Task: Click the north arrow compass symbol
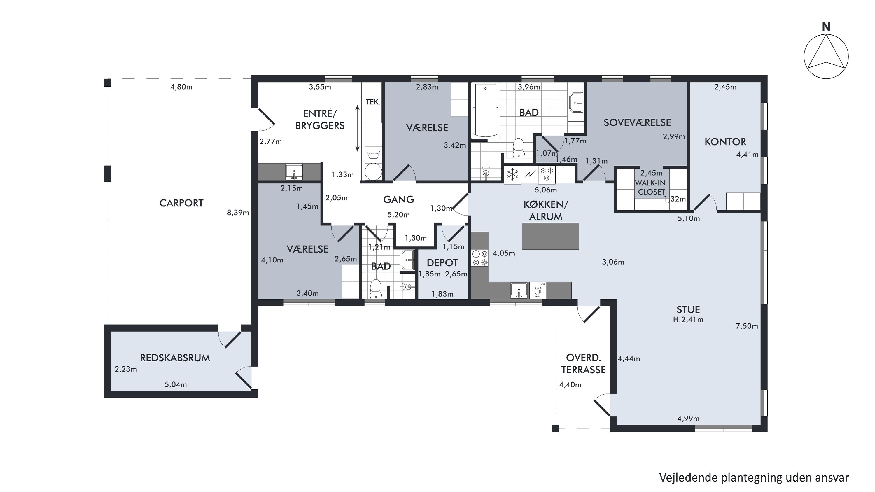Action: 826,57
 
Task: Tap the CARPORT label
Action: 181,203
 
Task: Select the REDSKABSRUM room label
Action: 175,358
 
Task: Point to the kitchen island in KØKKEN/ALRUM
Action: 550,236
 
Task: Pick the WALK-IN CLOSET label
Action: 651,188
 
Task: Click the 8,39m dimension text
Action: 238,213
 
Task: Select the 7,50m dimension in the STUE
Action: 747,326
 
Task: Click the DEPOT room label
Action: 442,262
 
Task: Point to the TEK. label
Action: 373,102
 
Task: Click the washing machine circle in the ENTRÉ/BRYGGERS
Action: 373,172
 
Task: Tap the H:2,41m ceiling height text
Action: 688,320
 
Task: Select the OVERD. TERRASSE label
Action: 584,364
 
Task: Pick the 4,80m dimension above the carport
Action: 181,87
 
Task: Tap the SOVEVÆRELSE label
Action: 637,122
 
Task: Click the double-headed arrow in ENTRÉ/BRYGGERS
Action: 357,128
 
